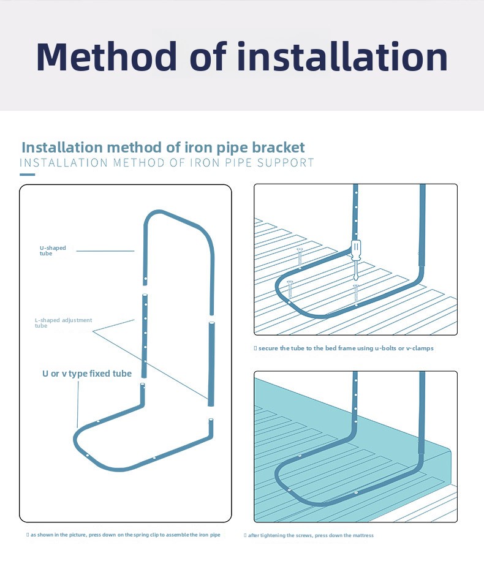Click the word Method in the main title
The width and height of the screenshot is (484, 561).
pyautogui.click(x=107, y=56)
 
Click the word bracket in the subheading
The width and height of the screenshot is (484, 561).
pyautogui.click(x=278, y=148)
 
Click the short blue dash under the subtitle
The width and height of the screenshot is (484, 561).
pyautogui.click(x=27, y=175)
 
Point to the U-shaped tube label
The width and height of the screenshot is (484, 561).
pyautogui.click(x=53, y=250)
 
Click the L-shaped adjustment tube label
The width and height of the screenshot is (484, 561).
pyautogui.click(x=63, y=323)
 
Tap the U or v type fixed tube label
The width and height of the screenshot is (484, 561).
pyautogui.click(x=87, y=374)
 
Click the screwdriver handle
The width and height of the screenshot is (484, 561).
pyautogui.click(x=356, y=249)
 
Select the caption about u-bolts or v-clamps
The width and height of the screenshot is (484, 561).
pyautogui.click(x=344, y=348)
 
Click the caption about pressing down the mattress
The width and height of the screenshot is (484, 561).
pyautogui.click(x=309, y=535)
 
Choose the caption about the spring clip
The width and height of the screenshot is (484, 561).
pyautogui.click(x=123, y=535)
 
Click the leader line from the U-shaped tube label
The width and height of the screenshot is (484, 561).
pyautogui.click(x=105, y=251)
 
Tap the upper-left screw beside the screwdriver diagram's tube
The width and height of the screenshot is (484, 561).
pyautogui.click(x=300, y=257)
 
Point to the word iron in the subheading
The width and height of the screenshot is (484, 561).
pyautogui.click(x=196, y=148)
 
